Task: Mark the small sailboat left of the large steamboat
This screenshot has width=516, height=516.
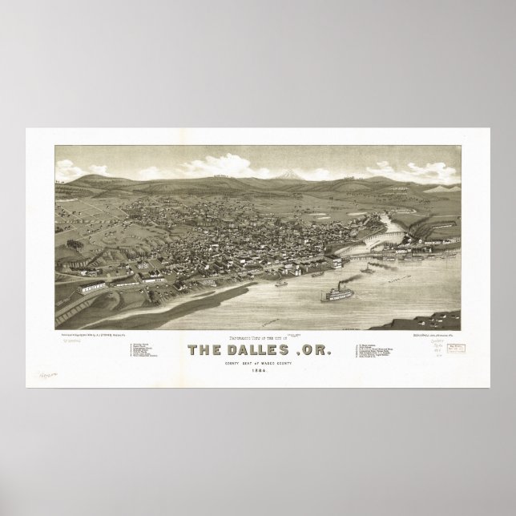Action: point(281,283)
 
